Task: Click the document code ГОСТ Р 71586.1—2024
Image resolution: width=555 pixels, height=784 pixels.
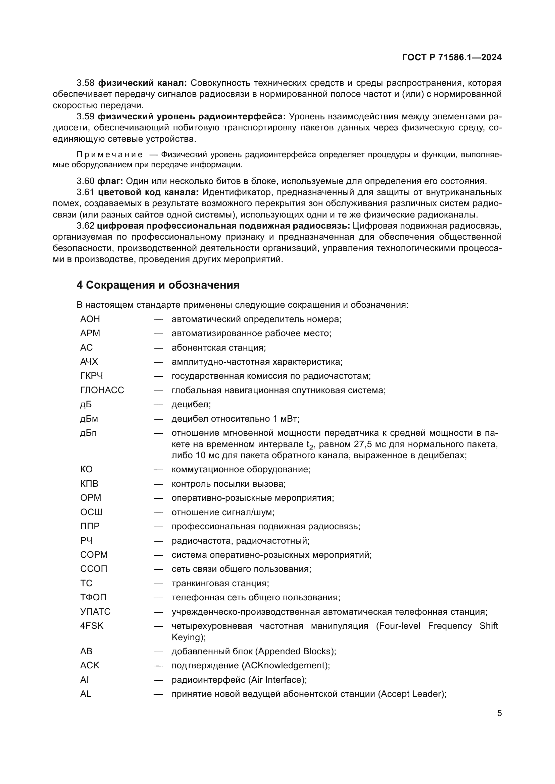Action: click(x=451, y=57)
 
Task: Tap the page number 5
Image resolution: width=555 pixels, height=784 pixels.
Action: click(x=499, y=713)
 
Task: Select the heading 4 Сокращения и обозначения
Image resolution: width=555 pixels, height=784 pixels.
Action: click(x=158, y=285)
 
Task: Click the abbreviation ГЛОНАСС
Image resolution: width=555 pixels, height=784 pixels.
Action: click(x=102, y=390)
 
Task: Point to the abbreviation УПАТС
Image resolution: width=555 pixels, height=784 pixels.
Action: click(x=95, y=612)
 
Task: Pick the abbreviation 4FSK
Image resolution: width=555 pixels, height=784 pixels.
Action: click(x=92, y=626)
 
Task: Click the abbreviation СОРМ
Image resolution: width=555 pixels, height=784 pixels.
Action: click(x=94, y=555)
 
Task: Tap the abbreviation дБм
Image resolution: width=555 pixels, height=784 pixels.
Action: click(x=89, y=419)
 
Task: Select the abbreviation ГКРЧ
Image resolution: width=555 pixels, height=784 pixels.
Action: click(x=91, y=376)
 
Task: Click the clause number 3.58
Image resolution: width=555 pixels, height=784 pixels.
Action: click(x=86, y=83)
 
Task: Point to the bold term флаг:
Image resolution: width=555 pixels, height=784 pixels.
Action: click(x=110, y=181)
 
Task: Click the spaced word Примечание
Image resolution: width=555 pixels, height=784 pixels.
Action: click(x=109, y=155)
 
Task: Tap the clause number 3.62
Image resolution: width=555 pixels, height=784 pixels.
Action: click(x=86, y=226)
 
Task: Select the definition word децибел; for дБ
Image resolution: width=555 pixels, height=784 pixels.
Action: click(x=191, y=404)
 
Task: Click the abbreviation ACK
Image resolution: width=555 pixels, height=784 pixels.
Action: click(x=90, y=665)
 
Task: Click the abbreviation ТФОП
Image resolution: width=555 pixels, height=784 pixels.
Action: click(x=93, y=597)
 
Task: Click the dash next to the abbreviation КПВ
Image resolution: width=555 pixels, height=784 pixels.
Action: click(x=158, y=484)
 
